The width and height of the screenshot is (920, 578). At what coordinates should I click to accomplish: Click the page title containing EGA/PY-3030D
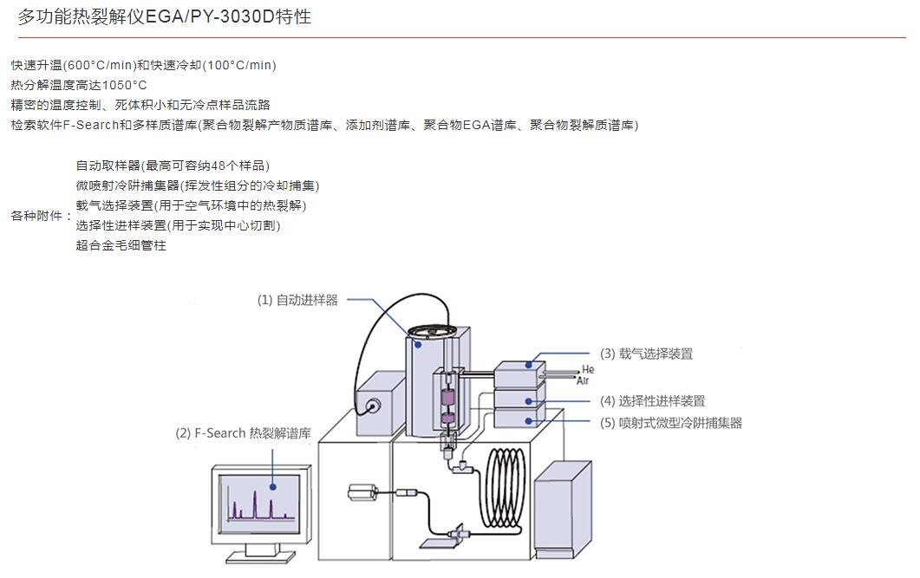[164, 17]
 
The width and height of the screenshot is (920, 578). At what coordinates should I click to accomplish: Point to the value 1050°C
[125, 85]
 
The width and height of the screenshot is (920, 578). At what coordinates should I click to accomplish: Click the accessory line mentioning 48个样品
[173, 166]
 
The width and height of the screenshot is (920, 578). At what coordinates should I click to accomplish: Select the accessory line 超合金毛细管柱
[121, 245]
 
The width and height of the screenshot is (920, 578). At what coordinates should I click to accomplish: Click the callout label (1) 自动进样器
[297, 300]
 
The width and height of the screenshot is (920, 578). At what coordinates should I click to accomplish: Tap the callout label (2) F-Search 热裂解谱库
[243, 433]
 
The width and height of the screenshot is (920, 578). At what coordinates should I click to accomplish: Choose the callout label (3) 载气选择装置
[646, 354]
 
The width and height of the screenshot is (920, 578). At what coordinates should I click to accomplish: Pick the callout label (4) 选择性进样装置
[652, 400]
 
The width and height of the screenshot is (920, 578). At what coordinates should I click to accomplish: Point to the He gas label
[588, 370]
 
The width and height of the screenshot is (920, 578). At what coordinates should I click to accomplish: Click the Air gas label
[583, 380]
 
